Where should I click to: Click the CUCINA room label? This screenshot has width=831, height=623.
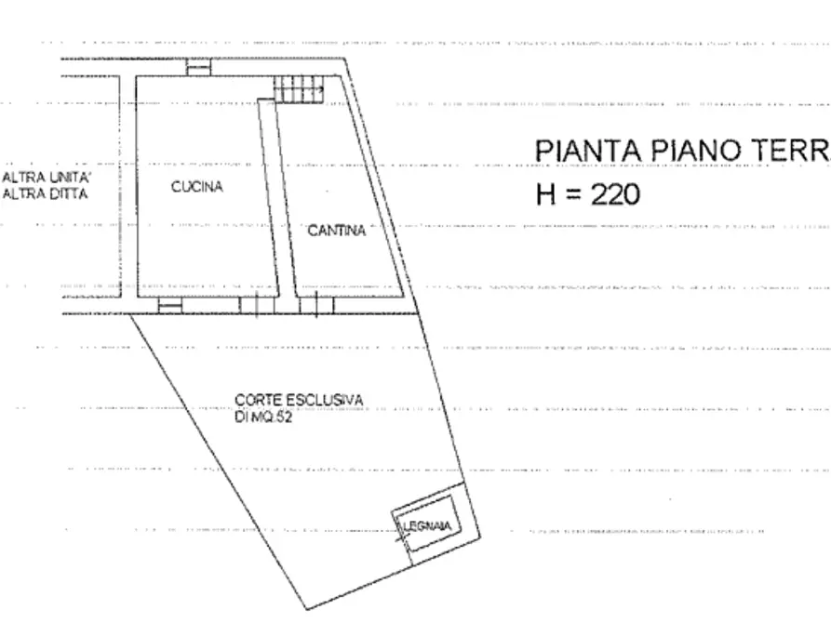[x=196, y=187]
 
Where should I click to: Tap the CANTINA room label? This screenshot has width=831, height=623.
[x=337, y=232]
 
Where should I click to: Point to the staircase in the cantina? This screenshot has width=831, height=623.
[x=299, y=89]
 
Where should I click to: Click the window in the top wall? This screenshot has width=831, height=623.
[x=198, y=65]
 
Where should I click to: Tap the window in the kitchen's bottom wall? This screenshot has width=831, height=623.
[x=169, y=305]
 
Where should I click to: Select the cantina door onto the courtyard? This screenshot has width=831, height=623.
[x=315, y=304]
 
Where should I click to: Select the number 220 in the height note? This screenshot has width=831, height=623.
[x=614, y=194]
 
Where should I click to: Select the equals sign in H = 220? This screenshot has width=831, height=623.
[x=572, y=195]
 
